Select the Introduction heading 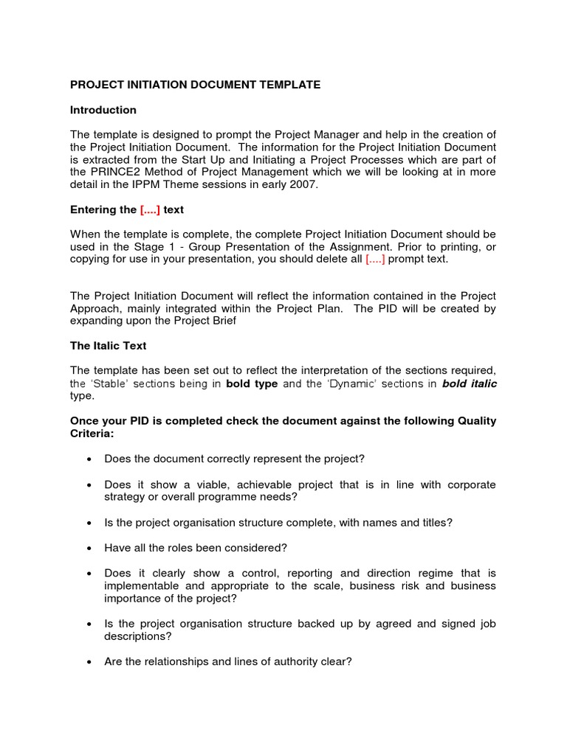(103, 110)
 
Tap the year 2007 (304, 185)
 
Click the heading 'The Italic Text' (109, 346)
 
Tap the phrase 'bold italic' (470, 384)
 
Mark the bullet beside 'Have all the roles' (89, 548)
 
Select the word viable (193, 484)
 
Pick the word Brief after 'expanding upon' (221, 321)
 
